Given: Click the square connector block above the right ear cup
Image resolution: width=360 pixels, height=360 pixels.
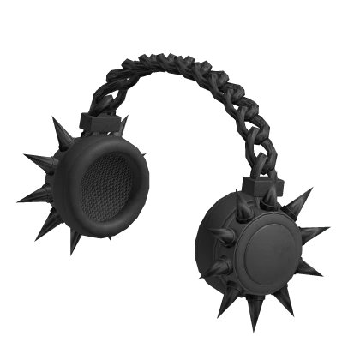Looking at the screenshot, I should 257,182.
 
